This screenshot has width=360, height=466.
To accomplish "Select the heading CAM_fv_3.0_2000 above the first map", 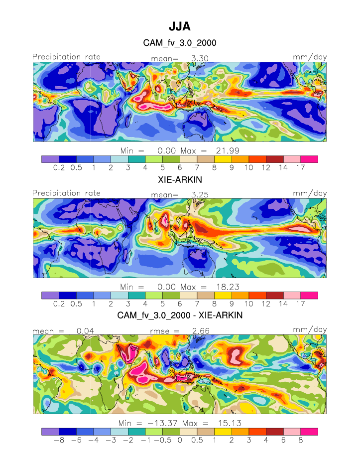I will (x=180, y=43).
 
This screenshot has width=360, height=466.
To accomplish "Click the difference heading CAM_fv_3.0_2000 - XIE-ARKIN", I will (x=180, y=315).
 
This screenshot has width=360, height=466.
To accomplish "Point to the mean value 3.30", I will (x=200, y=58).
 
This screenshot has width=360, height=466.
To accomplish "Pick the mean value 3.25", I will (x=200, y=194).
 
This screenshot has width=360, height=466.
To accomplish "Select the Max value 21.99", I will (x=225, y=150).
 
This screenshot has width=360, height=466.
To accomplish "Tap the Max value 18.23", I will (x=225, y=287).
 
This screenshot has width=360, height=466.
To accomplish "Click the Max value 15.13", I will (x=225, y=423).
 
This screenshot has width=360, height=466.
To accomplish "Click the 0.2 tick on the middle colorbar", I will (x=59, y=304).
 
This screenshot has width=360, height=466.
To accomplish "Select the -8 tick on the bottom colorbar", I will (x=59, y=440).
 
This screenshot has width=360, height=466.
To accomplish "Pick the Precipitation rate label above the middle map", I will (x=66, y=193).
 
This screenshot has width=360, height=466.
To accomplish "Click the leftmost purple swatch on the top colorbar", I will (x=50, y=159).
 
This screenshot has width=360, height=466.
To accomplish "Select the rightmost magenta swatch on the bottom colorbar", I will (x=309, y=431).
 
